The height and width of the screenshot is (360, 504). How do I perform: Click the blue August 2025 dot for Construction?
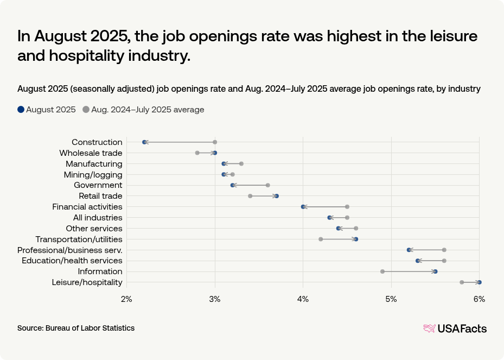(144, 142)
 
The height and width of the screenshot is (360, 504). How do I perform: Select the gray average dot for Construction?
(215, 142)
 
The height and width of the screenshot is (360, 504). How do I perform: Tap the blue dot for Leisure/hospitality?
(479, 282)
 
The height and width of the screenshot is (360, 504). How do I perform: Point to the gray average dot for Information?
(382, 271)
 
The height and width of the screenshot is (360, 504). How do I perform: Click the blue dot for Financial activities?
(303, 207)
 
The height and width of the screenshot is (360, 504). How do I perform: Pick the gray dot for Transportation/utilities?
(321, 239)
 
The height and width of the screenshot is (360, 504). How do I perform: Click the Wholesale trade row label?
(91, 153)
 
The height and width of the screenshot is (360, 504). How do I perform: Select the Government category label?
(98, 185)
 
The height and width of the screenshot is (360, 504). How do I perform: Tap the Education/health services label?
(72, 261)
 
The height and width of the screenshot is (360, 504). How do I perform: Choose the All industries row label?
(98, 218)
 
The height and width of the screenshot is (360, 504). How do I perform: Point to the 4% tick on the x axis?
(303, 299)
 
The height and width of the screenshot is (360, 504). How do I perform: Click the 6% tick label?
(479, 299)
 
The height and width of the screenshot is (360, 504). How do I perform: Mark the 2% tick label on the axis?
(126, 299)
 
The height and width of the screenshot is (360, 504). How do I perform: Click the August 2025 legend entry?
(47, 110)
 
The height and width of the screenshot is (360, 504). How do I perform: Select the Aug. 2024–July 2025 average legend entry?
(143, 110)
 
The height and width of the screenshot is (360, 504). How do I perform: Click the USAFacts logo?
(455, 328)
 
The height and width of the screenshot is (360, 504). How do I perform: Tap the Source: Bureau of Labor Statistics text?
(76, 328)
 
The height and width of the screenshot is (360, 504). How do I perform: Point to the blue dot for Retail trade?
(277, 196)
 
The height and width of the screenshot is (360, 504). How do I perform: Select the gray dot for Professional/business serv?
(444, 250)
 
